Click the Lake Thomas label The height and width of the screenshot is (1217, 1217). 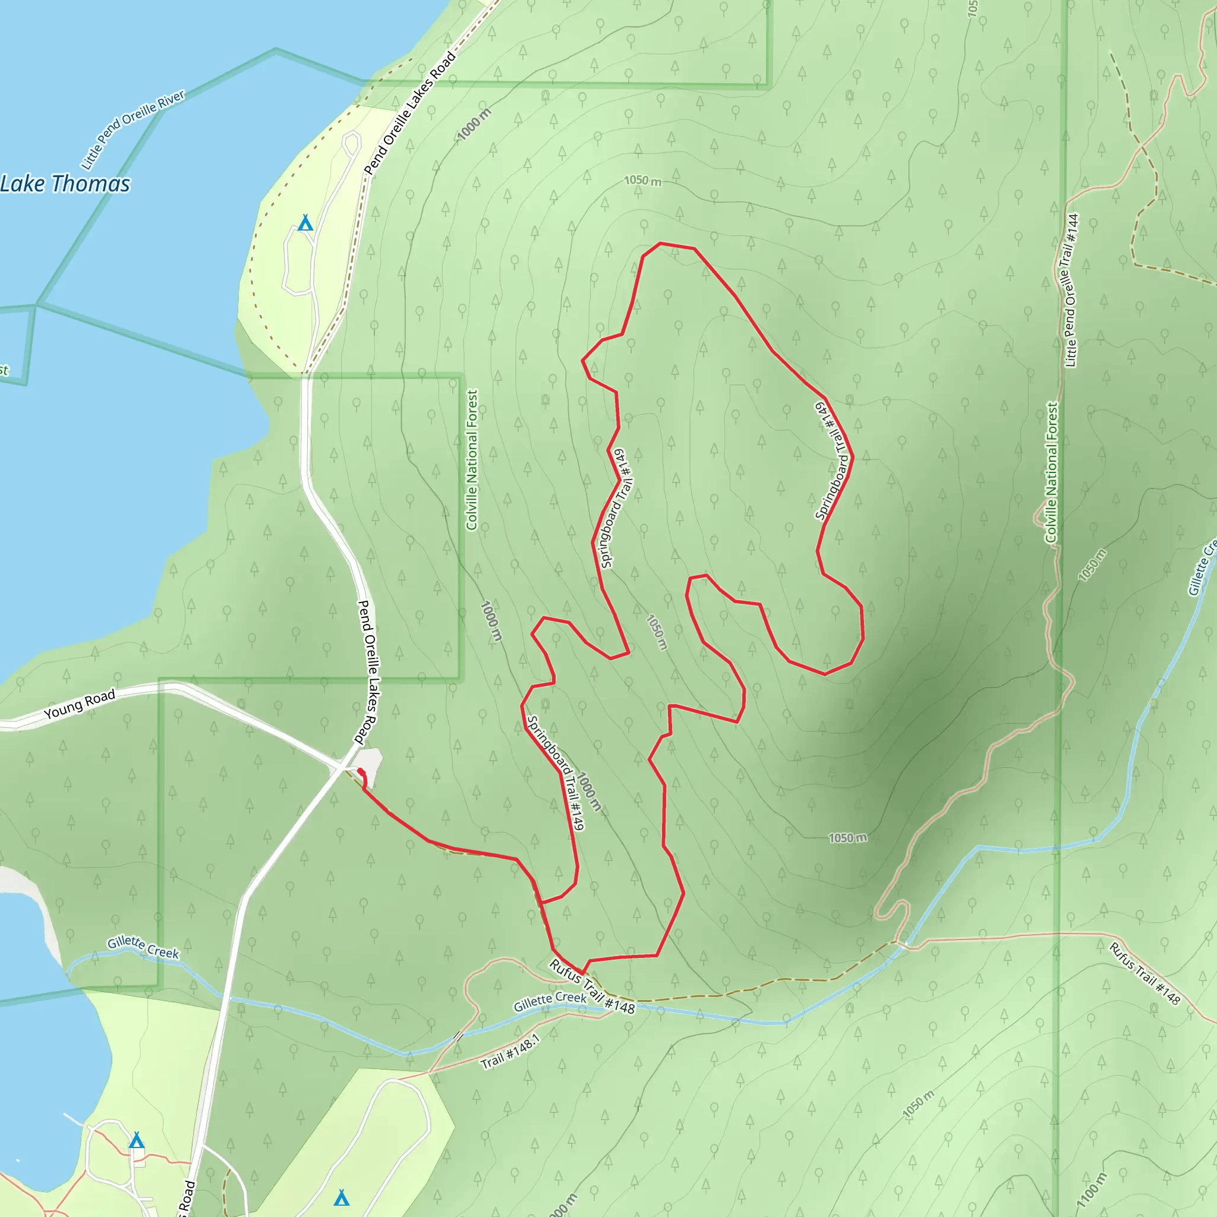click(x=65, y=184)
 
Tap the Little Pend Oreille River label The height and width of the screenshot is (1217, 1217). click(x=133, y=129)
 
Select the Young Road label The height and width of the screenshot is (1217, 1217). click(x=80, y=704)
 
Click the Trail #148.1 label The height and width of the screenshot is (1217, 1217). click(x=510, y=1051)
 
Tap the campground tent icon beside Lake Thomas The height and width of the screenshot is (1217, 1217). click(x=305, y=223)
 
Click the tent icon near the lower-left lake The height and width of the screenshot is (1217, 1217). click(x=137, y=1140)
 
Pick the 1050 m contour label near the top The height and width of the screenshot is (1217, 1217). click(x=642, y=181)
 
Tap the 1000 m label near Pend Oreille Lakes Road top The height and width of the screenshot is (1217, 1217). click(x=474, y=124)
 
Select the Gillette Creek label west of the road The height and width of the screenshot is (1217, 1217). click(x=143, y=947)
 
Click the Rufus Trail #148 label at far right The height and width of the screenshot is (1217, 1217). click(x=1144, y=973)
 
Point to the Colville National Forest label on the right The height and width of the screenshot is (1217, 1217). click(x=1051, y=472)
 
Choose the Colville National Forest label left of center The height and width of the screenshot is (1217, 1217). click(x=472, y=460)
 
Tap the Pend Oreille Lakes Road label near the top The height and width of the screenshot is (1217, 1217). click(x=409, y=113)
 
